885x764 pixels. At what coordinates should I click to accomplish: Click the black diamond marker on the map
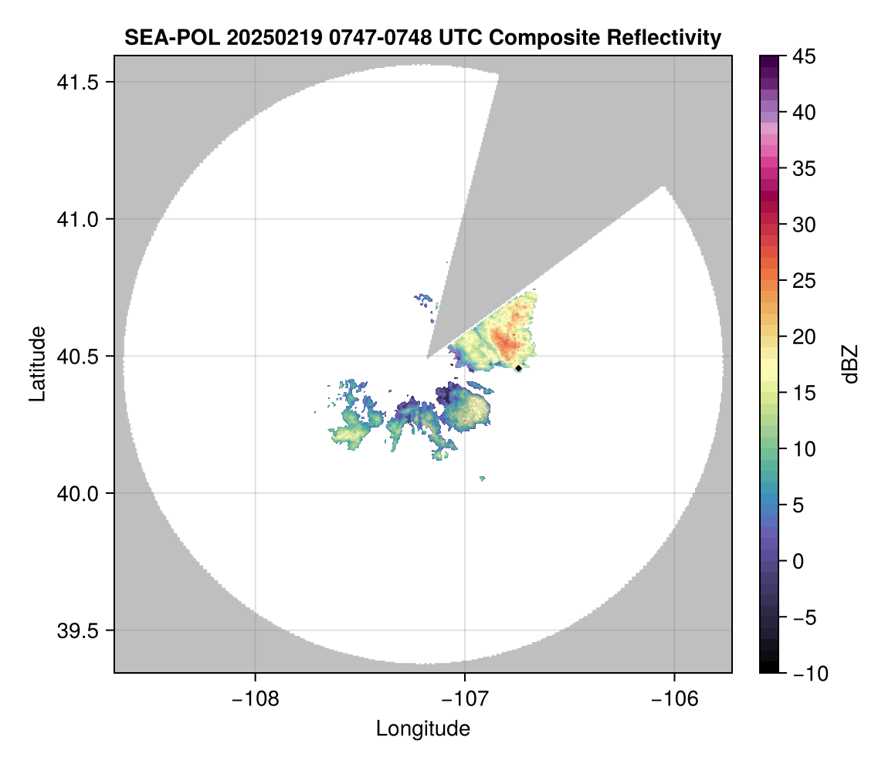(x=519, y=368)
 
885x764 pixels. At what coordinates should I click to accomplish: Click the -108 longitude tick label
(x=254, y=698)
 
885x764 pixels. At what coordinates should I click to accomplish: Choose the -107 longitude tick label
(x=465, y=698)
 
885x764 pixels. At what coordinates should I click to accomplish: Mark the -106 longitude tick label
(x=675, y=698)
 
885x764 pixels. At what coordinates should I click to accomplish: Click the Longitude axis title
(x=422, y=728)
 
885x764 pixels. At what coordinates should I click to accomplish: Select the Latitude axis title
(x=36, y=363)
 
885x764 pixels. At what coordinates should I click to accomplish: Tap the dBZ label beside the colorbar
(x=850, y=364)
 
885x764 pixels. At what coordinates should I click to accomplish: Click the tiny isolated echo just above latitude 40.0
(x=483, y=478)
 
